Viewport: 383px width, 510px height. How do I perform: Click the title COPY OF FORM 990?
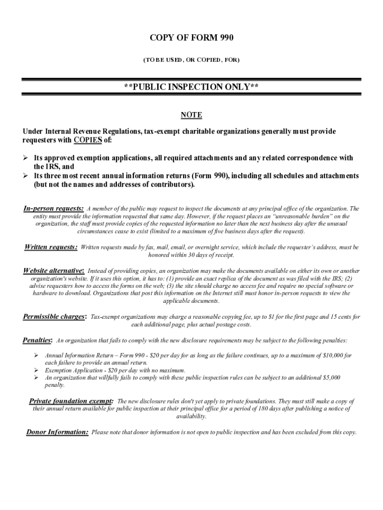(191, 38)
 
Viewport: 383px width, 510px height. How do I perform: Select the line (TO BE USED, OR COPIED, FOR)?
(191, 60)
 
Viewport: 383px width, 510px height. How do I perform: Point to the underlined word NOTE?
(191, 115)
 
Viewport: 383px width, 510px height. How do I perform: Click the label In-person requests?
(54, 208)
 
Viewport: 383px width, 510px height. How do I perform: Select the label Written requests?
(51, 247)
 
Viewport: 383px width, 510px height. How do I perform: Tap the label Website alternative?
(54, 270)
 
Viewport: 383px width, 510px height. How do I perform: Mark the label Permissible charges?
(55, 316)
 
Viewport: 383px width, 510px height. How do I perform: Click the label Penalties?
(37, 340)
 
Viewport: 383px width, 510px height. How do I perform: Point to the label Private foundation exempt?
(71, 401)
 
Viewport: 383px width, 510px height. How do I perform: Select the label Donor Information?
(57, 432)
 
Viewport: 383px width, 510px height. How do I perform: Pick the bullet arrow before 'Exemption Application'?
(36, 371)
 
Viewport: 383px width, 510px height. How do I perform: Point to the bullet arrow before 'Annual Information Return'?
(36, 356)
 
